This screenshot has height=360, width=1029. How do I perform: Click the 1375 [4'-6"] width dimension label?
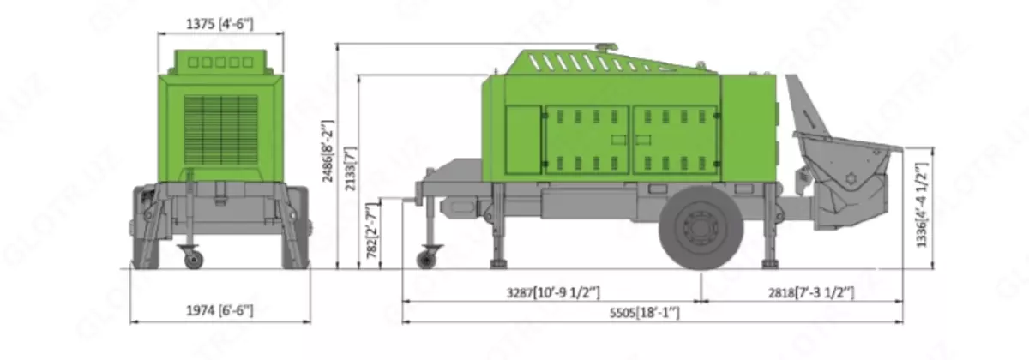pos(220,23)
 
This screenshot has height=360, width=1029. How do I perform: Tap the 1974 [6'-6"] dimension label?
pos(220,310)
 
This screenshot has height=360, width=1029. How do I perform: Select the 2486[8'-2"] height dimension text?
pos(328,151)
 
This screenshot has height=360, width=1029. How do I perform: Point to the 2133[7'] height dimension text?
pos(351,169)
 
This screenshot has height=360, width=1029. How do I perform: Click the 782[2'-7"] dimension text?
pos(372,231)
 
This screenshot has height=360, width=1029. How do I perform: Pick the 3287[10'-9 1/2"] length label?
pos(553,292)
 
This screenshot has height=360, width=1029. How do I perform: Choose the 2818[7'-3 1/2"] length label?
pos(811,292)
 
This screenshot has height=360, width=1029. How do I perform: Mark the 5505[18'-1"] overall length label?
pos(645,313)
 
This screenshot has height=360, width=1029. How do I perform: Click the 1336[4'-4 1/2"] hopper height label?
pos(922,205)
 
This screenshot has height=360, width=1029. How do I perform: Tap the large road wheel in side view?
pos(701,227)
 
